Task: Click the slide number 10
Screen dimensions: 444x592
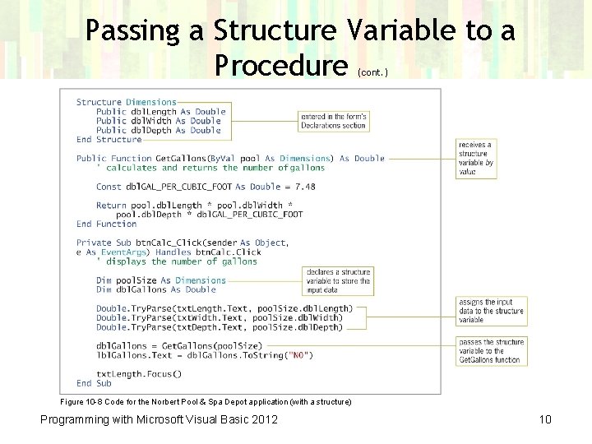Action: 544,420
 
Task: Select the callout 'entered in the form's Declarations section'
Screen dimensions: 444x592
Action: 333,121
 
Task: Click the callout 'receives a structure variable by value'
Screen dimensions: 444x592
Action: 476,158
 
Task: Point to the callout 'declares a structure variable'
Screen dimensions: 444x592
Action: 338,280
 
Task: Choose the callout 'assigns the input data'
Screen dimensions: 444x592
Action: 491,311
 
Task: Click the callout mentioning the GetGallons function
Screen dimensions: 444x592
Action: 491,351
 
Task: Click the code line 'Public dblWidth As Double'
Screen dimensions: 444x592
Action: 159,121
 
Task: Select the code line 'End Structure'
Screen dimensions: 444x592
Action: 109,140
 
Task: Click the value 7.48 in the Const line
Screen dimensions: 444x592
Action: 304,187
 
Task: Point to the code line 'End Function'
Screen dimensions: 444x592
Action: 106,224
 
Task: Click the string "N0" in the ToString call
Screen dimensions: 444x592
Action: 297,355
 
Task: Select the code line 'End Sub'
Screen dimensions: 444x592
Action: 94,383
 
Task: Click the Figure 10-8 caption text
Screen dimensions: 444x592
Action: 206,401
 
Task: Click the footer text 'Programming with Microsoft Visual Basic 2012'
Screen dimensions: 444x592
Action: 160,420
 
